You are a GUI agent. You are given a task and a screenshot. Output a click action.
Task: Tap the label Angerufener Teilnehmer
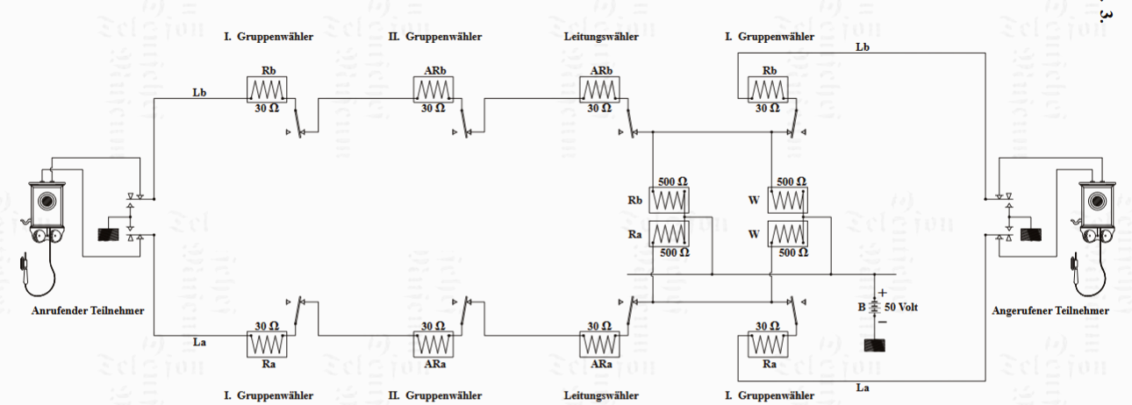pyautogui.click(x=1050, y=310)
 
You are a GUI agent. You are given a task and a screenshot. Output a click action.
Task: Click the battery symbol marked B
pyautogui.click(x=875, y=308)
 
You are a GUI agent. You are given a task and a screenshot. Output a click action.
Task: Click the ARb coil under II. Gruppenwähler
pyautogui.click(x=433, y=89)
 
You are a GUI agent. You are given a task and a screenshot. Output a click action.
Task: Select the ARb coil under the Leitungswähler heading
pyautogui.click(x=600, y=89)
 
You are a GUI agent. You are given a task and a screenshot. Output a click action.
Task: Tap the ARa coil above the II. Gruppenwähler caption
pyautogui.click(x=433, y=344)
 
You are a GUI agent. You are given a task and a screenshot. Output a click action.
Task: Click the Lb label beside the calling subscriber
pyautogui.click(x=199, y=91)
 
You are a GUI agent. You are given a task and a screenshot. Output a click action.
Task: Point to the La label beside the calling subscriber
pyautogui.click(x=199, y=340)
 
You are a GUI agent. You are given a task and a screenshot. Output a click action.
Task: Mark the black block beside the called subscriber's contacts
pyautogui.click(x=1031, y=235)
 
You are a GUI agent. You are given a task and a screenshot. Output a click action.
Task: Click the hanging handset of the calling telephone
pyautogui.click(x=27, y=267)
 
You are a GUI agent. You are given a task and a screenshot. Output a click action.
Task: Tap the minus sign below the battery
pyautogui.click(x=882, y=322)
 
